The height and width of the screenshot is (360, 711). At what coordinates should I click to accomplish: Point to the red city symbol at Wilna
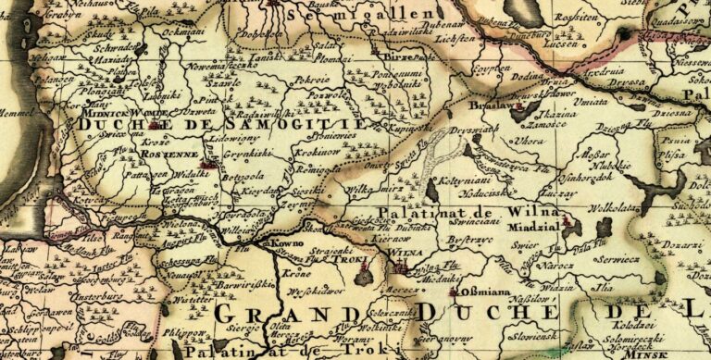pyautogui.click(x=401, y=267)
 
